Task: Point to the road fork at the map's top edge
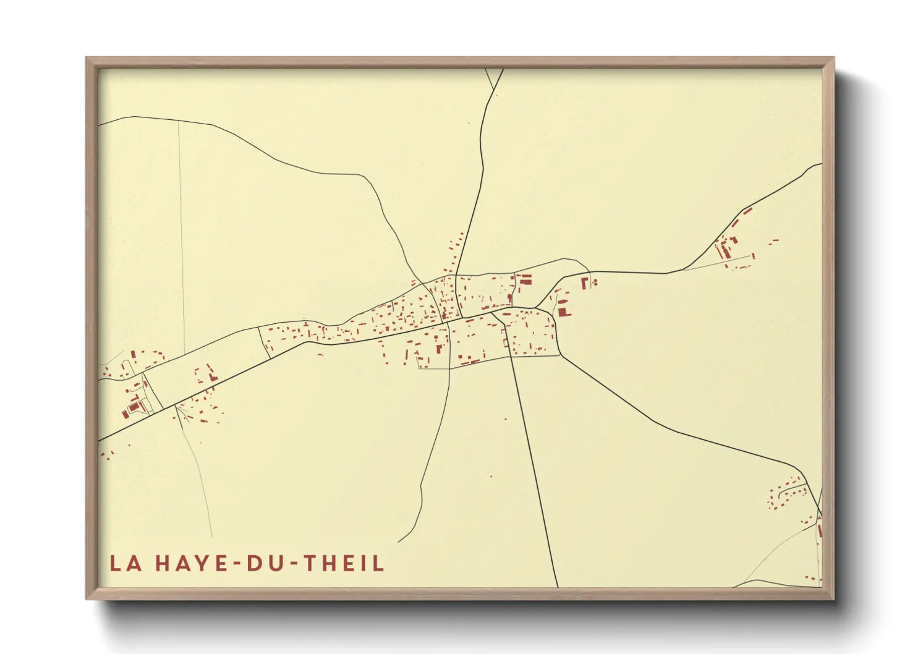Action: (x=495, y=90)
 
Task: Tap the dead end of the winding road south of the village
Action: (x=399, y=541)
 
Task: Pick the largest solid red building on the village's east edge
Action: (x=563, y=311)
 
